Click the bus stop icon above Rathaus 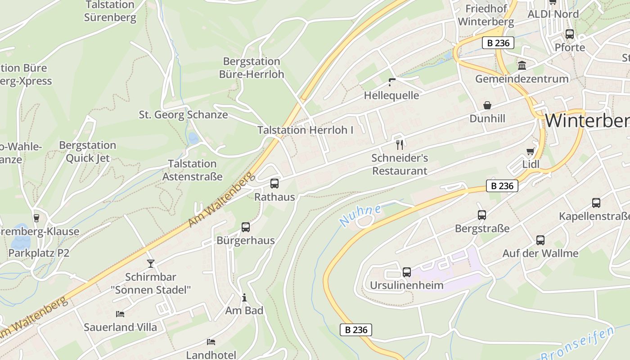click(x=274, y=184)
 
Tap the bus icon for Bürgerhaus click(x=245, y=227)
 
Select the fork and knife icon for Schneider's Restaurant click(x=399, y=144)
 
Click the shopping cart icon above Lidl click(x=531, y=151)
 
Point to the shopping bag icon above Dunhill click(x=487, y=105)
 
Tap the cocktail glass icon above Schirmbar click(x=150, y=263)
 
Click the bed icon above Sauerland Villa click(x=120, y=314)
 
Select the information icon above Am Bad click(x=244, y=297)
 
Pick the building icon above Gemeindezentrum click(x=522, y=66)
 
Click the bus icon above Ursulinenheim click(x=406, y=272)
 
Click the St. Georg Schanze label click(x=183, y=115)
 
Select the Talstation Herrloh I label click(x=305, y=130)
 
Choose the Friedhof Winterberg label click(x=486, y=15)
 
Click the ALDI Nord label click(x=553, y=14)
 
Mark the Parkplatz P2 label click(x=39, y=253)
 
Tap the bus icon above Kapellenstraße click(x=596, y=203)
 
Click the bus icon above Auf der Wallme click(x=540, y=240)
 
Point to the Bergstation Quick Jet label click(x=88, y=152)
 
